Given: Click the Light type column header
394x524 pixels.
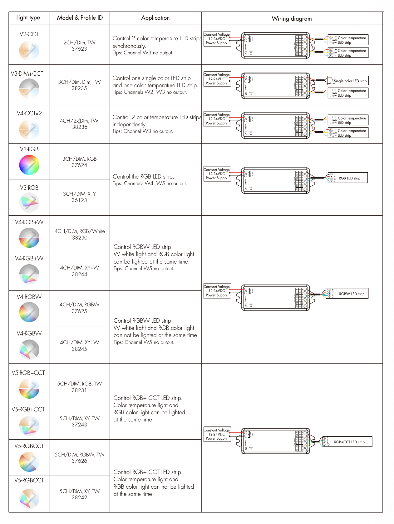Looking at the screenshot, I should tap(28, 18).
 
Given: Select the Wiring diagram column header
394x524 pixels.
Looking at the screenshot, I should tap(292, 18).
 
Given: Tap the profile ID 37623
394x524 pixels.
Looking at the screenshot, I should tap(79, 49).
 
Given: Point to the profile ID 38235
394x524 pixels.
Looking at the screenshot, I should tap(79, 88).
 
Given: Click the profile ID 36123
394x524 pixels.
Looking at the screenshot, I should tap(79, 200).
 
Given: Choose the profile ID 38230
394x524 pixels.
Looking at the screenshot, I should tap(80, 238).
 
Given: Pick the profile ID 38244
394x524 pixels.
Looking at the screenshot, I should tap(79, 275).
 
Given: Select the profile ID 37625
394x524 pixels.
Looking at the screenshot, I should tap(79, 311).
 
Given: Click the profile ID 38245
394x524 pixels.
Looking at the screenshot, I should tap(79, 349).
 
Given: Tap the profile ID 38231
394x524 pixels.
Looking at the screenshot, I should tap(79, 390).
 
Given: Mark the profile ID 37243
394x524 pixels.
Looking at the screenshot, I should tap(79, 425).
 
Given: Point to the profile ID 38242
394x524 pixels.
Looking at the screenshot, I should tap(79, 498).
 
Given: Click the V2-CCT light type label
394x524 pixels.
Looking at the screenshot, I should tap(29, 34).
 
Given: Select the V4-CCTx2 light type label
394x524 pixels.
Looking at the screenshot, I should tap(29, 113).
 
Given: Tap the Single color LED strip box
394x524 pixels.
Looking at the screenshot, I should tap(348, 81).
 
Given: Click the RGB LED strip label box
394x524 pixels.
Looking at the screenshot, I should tap(347, 178).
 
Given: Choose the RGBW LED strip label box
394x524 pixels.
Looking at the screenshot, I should tap(347, 294).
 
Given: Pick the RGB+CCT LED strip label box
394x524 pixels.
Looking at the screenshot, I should tap(347, 442).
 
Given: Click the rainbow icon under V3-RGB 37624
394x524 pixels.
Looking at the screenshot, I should tap(29, 165).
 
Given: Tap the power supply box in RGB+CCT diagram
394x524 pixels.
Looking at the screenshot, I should tap(217, 434).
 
